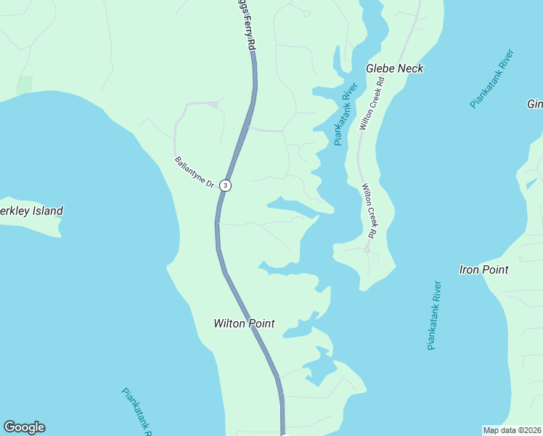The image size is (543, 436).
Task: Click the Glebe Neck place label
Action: pos(394,68)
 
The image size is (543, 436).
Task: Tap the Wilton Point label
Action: pos(244,323)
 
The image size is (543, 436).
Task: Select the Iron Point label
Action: pos(483,270)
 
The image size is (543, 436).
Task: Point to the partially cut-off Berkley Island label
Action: pos(30,211)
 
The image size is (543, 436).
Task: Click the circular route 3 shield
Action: pos(226,185)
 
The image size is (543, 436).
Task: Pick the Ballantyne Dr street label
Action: pos(194,173)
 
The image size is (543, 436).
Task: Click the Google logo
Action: pos(24,427)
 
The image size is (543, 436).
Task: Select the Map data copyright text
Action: pos(512,430)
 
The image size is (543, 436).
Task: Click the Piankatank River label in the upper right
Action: pos(491,78)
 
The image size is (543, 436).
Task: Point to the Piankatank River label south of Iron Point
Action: pos(434,315)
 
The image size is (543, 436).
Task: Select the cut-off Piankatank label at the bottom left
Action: pos(136,411)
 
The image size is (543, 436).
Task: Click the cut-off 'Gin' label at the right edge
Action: pos(534,105)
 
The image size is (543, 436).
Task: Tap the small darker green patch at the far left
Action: pos(24,84)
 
